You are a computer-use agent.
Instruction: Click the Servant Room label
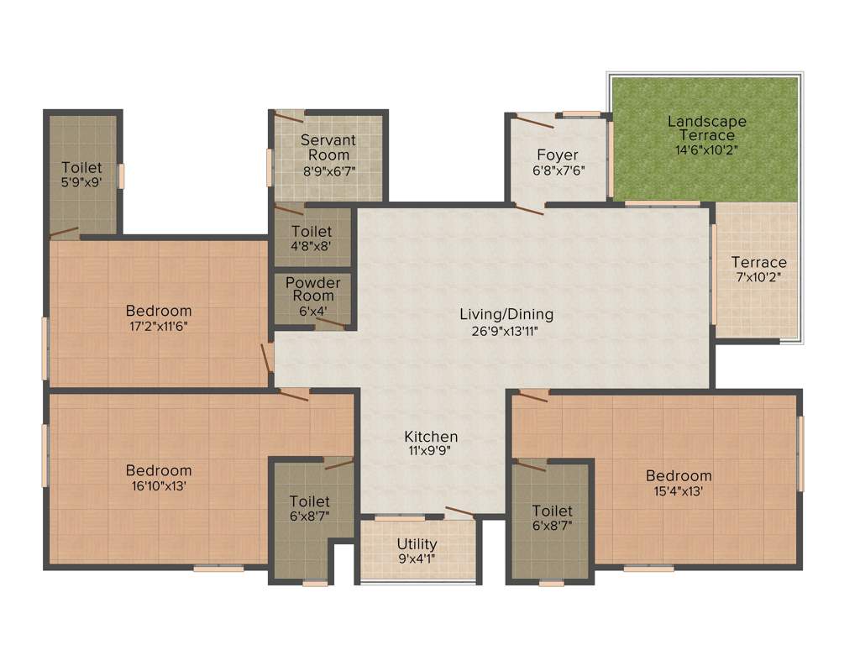click(328, 148)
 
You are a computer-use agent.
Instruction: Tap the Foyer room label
click(558, 155)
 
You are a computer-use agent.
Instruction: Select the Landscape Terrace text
click(707, 128)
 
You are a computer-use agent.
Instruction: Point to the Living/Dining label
click(506, 315)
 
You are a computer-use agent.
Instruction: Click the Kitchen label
click(431, 437)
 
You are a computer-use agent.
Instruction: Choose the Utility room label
click(417, 544)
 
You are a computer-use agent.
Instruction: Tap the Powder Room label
click(312, 289)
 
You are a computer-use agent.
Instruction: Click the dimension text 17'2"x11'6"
click(158, 326)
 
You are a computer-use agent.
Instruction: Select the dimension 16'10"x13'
click(159, 485)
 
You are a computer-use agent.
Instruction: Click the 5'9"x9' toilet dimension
click(81, 181)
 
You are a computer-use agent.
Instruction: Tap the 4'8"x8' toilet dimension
click(312, 247)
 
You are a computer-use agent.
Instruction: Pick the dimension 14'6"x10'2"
click(706, 151)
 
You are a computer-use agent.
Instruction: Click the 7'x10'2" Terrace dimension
click(758, 276)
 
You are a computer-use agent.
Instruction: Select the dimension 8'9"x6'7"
click(328, 170)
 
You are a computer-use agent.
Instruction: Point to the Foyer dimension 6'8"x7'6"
click(558, 170)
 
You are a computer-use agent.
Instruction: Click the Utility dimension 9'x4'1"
click(417, 558)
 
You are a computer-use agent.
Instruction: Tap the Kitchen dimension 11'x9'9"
click(431, 450)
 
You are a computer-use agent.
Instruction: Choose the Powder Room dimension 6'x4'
click(312, 310)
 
